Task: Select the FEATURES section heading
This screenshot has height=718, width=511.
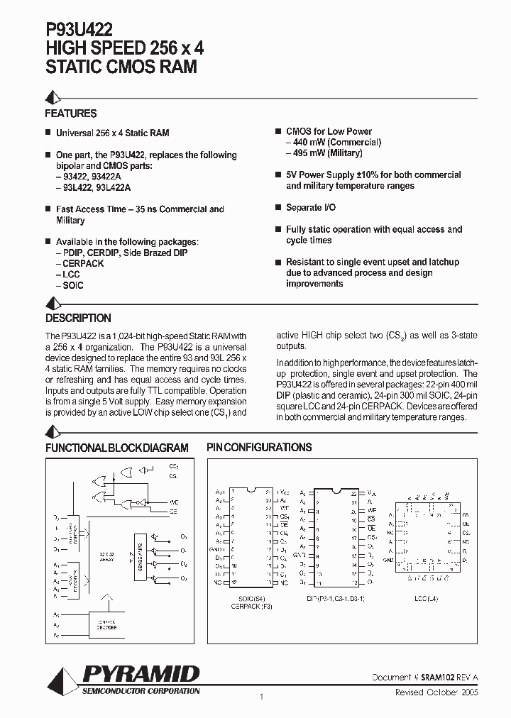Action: (x=71, y=114)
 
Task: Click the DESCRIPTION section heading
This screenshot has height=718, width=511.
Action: (x=78, y=319)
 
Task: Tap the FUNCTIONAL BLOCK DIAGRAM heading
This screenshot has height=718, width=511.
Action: (x=117, y=448)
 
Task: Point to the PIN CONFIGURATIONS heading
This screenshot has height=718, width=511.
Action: (x=259, y=448)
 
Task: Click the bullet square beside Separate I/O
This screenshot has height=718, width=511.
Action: (x=278, y=207)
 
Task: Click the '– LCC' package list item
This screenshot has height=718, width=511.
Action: (x=68, y=275)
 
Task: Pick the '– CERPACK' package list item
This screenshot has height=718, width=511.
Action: (x=79, y=264)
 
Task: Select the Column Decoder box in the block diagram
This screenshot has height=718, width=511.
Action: (x=108, y=624)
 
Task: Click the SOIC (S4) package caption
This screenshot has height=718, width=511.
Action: (x=251, y=599)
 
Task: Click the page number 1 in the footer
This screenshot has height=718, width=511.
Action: (x=261, y=697)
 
